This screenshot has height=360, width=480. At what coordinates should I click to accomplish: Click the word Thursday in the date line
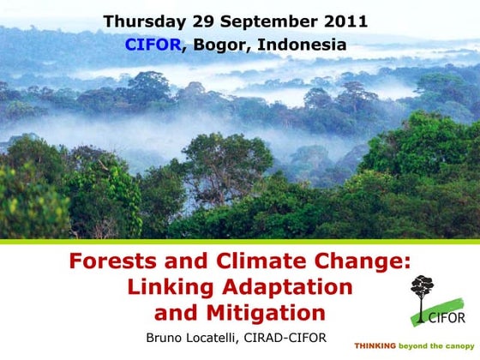(x=143, y=21)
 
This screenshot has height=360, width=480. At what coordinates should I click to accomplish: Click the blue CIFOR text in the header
(x=153, y=45)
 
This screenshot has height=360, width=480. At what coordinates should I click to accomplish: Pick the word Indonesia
(x=300, y=45)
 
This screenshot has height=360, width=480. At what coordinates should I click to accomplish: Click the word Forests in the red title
(x=113, y=262)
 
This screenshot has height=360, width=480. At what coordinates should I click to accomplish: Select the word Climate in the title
(x=249, y=262)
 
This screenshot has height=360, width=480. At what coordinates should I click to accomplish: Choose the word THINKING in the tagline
(x=375, y=346)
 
